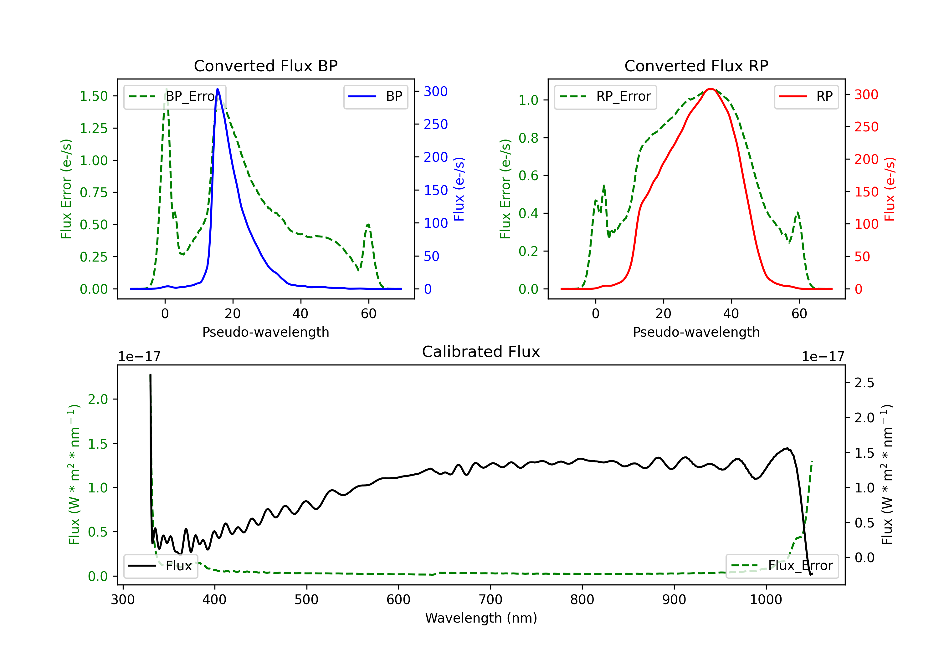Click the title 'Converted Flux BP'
point(266,66)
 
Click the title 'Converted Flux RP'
point(696,66)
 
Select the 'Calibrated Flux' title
point(481,352)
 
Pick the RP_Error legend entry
point(606,96)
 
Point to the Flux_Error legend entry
point(782,566)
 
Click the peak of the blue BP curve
point(218,89)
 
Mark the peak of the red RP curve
point(711,89)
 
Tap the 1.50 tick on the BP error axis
point(94,96)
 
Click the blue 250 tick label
point(436,124)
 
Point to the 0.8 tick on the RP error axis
point(528,138)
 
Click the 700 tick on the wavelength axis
point(490,600)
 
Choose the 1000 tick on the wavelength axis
point(766,600)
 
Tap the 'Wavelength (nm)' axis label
point(481,618)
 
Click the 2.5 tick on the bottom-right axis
point(864,383)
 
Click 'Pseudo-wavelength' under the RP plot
point(696,332)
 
